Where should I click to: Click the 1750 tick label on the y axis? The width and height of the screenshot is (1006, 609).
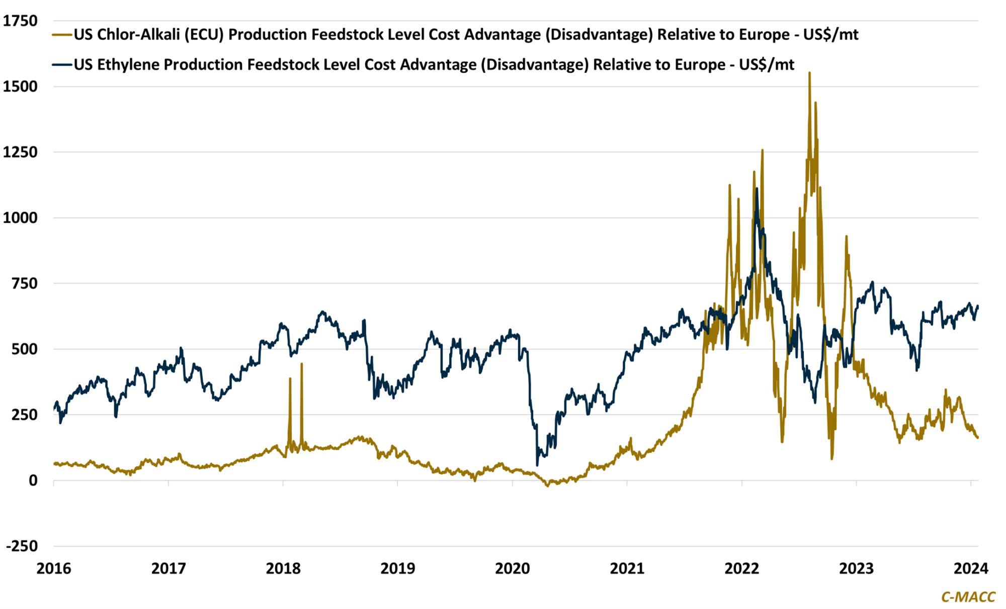(20, 21)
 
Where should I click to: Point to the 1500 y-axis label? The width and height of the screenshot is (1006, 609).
(20, 86)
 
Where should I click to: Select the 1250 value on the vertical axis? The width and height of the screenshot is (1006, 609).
(20, 152)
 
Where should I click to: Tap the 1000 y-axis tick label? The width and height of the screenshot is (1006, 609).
(20, 218)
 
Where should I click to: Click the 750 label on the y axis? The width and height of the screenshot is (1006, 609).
(24, 283)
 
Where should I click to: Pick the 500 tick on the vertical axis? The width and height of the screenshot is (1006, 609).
(24, 349)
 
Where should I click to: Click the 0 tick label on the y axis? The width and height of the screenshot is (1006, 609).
(33, 481)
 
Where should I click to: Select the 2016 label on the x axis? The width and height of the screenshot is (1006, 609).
(54, 568)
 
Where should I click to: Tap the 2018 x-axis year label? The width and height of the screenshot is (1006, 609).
(283, 568)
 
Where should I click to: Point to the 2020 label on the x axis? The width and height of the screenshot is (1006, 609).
(513, 568)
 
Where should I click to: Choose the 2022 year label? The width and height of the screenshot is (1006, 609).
(742, 568)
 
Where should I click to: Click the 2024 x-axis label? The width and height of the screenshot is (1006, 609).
(971, 568)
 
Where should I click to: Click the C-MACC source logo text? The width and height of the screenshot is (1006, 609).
(968, 596)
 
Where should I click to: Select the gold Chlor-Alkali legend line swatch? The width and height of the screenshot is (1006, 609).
(62, 35)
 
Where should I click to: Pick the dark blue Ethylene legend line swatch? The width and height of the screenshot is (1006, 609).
(62, 65)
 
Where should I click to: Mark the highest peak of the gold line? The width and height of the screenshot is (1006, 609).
(809, 73)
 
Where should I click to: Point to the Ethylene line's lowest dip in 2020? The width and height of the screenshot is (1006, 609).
(537, 465)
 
